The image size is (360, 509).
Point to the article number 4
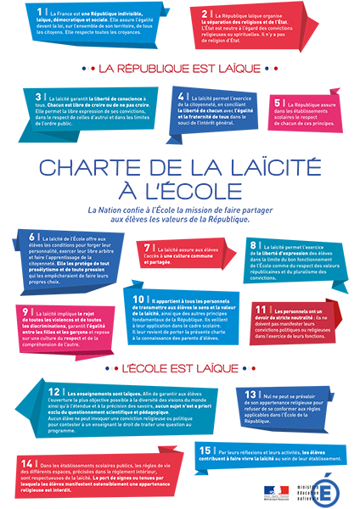(182, 97)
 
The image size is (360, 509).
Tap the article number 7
(148, 246)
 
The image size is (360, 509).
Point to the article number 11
(262, 310)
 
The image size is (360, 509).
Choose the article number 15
(205, 448)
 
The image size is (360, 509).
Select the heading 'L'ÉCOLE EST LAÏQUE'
(180, 369)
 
